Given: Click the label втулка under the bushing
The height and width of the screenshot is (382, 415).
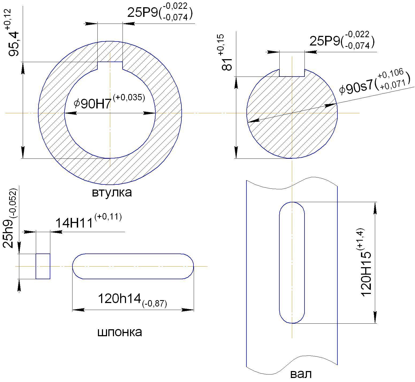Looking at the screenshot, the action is coord(112,192).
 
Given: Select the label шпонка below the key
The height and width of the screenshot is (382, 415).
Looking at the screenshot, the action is coord(119,332).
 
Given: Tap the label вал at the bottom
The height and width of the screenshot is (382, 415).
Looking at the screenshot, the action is coord(301,374).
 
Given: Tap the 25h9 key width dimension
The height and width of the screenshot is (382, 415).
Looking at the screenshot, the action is coord(10,218).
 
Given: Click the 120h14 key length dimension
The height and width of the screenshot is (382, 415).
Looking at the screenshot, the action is coord(132,300).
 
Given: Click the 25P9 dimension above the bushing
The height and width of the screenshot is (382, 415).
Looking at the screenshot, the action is coord(160,12).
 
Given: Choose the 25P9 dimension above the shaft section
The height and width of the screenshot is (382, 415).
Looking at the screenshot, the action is coord(342,40).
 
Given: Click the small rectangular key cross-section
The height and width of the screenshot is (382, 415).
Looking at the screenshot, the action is coord(43,266).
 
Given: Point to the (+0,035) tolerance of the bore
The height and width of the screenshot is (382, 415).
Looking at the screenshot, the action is coord(129,97).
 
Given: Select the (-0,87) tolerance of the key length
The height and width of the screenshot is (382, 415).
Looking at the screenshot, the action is coord(155,304).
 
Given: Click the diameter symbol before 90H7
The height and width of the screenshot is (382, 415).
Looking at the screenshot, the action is coord(77,104).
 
